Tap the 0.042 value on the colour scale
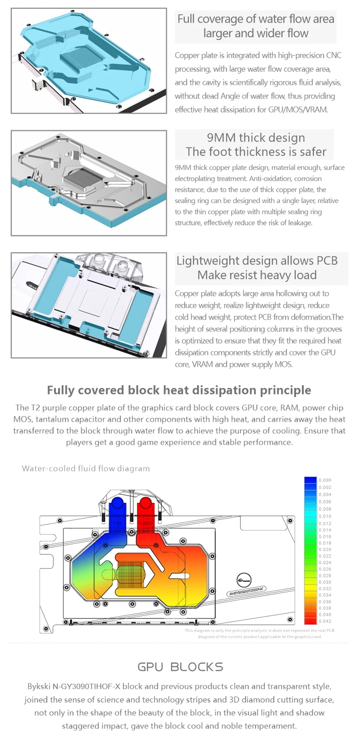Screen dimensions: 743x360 [325, 621]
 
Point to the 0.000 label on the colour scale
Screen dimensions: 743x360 [325, 480]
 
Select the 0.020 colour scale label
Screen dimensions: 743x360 [325, 550]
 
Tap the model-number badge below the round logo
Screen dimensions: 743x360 [246, 591]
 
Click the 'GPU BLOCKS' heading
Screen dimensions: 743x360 [180, 667]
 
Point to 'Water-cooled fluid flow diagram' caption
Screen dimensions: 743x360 [86, 469]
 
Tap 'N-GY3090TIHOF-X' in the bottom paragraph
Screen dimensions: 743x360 [86, 686]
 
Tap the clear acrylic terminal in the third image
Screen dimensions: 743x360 [108, 266]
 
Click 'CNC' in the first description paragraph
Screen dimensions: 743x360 [334, 55]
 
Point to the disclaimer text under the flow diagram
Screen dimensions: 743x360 [259, 633]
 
